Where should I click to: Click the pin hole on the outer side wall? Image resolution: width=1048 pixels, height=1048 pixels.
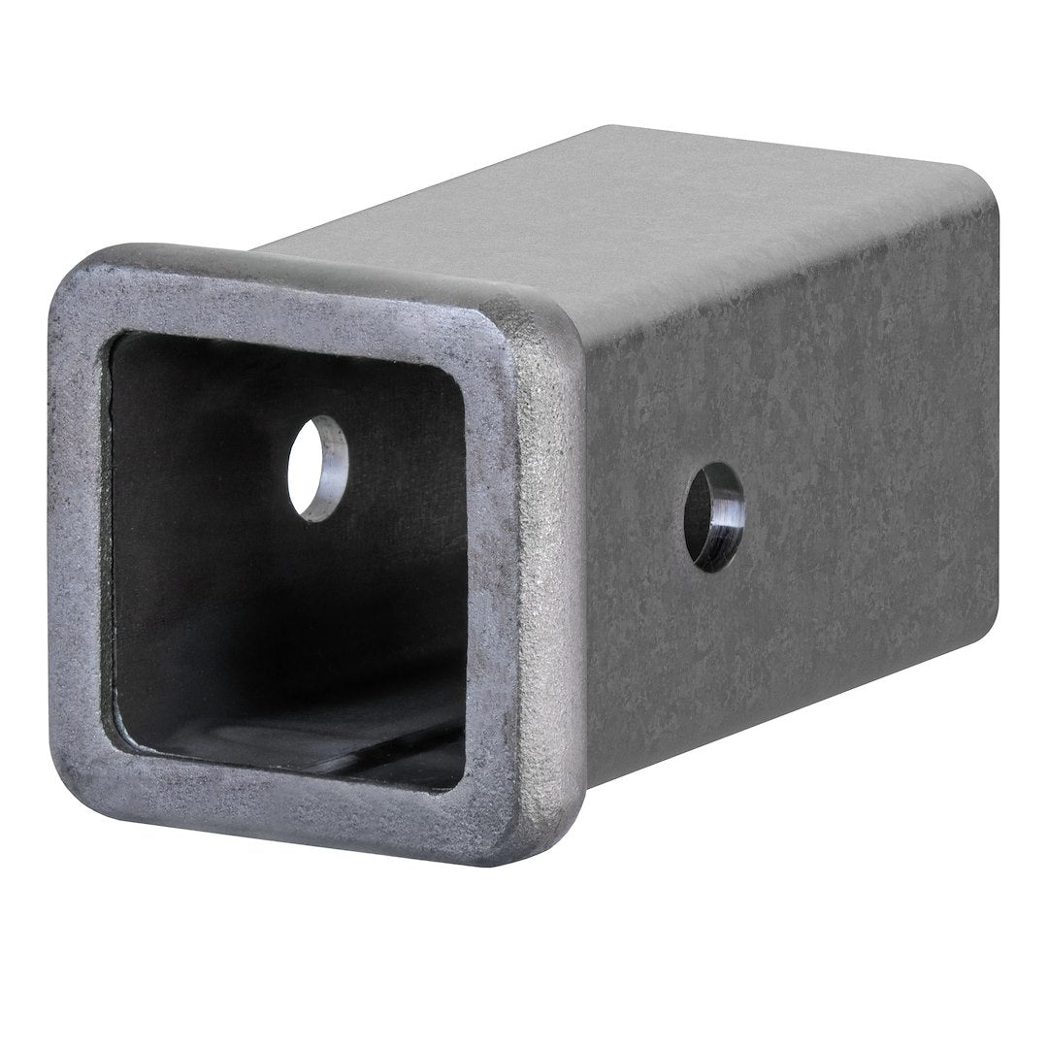(713, 516)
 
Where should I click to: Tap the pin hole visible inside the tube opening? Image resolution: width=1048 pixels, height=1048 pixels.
(317, 468)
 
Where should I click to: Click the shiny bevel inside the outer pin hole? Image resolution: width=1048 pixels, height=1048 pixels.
(727, 519)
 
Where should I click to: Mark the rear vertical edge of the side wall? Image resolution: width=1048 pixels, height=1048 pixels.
(996, 408)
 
